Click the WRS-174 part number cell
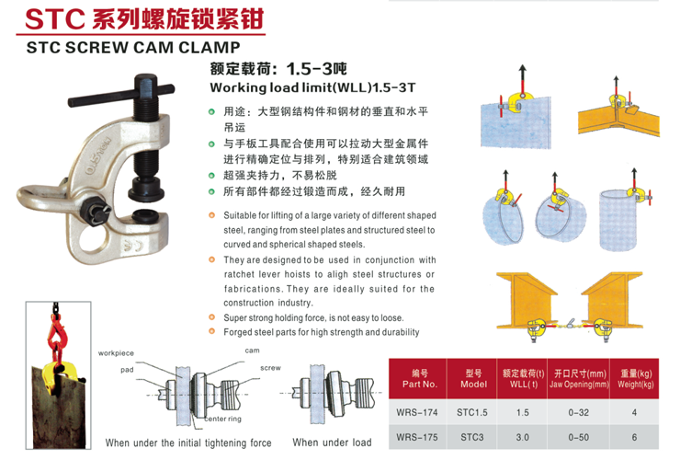coord(417,412)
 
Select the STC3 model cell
coord(471,437)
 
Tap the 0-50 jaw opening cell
coord(579,437)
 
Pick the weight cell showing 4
coord(634,412)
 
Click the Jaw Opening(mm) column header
coord(579,379)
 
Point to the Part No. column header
coord(419,379)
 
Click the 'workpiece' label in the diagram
coord(116,353)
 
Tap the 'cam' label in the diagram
coord(252,351)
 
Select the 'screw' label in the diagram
coord(270,368)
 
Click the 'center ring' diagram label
coord(223,419)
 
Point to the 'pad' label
coord(127,370)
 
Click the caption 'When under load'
coord(333,443)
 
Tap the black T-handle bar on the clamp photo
coord(121,96)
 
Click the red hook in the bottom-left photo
coord(55,335)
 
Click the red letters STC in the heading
coord(55,19)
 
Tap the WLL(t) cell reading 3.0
coord(522,437)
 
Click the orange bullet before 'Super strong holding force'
coord(211,317)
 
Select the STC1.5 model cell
coord(471,412)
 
